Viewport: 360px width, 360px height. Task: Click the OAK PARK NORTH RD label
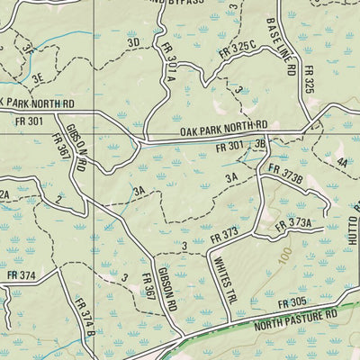pos(223,130)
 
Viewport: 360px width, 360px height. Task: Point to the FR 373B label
pos(285,172)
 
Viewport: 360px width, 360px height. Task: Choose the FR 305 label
pos(293,303)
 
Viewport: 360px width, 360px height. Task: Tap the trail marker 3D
pos(134,42)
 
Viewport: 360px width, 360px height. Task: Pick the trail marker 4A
pos(341,164)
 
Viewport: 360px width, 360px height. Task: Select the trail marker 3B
pos(261,143)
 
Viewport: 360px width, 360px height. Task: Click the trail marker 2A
pos(4,194)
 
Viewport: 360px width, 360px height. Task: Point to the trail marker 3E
pos(38,79)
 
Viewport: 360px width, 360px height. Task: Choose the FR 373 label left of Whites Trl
pos(223,236)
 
